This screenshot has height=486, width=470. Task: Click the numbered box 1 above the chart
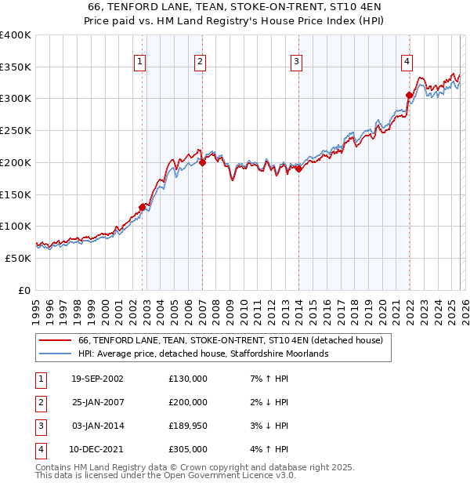(x=139, y=61)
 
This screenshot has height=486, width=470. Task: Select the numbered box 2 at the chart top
(x=201, y=61)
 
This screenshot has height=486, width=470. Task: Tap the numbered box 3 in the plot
(x=297, y=61)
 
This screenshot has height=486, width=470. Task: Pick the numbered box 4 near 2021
(x=407, y=61)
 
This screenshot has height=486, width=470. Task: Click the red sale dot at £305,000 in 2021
(x=409, y=96)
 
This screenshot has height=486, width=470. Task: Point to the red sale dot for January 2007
(x=202, y=163)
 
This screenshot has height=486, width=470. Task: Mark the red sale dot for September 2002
(x=143, y=207)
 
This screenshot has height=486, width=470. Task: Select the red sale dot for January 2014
(x=298, y=169)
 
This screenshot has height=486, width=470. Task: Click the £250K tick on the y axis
(x=15, y=131)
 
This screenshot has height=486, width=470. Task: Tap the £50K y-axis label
(x=17, y=258)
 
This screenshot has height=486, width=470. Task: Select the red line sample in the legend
(x=55, y=341)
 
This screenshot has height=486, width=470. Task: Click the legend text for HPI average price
(x=203, y=354)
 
